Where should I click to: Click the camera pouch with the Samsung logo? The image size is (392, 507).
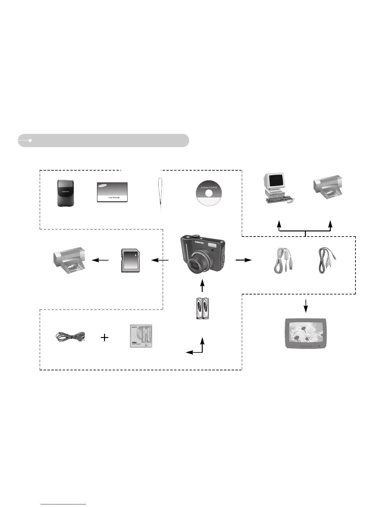[x=64, y=193]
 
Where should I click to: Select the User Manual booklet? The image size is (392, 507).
[x=112, y=192]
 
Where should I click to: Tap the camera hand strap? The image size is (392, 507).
[x=160, y=194]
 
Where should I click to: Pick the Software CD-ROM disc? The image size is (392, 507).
[x=208, y=193]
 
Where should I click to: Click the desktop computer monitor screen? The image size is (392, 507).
[x=276, y=181]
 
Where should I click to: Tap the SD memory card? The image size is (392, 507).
[x=131, y=260]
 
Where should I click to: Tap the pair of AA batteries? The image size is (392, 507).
[x=202, y=309]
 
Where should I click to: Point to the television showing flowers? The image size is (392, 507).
[x=306, y=333]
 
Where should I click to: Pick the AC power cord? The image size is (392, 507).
[x=70, y=337]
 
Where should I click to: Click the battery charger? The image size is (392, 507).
[x=141, y=336]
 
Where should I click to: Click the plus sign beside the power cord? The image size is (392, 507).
[x=104, y=337]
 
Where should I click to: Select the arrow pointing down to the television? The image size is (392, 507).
[x=306, y=306]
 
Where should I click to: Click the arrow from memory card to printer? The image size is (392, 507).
[x=100, y=260]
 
